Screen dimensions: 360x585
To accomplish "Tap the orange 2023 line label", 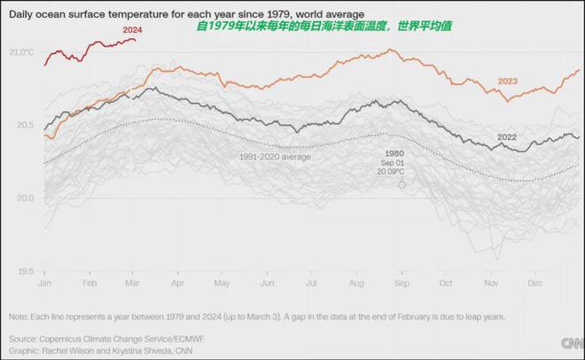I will click(507, 82).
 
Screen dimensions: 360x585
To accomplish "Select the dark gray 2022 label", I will click(507, 137).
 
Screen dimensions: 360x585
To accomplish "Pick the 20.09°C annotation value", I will click(394, 172).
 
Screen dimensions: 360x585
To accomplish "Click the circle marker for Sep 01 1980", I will click(402, 184).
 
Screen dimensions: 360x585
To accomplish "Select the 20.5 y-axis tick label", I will click(24, 125).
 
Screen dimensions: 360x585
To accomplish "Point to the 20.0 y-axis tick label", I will click(24, 198).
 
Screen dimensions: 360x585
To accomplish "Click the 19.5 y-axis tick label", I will click(24, 271).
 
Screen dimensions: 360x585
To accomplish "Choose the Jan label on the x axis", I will click(44, 283).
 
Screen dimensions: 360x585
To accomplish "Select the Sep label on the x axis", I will click(402, 283).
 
